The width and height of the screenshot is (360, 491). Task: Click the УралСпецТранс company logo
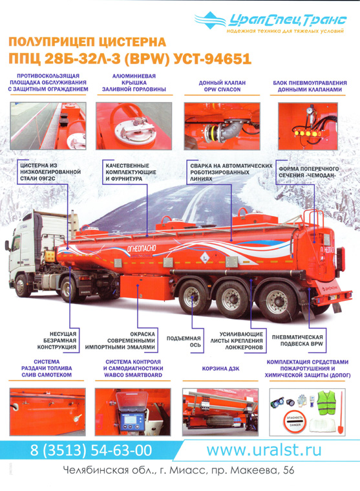tap(271, 21)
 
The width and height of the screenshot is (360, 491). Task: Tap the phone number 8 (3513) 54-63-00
tap(90, 450)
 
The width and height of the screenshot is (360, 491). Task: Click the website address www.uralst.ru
tap(264, 450)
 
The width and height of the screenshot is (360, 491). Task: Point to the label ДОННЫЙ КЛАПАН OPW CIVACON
tap(222, 86)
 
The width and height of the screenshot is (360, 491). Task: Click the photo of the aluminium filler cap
tap(134, 126)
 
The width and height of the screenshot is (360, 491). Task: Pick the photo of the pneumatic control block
tap(308, 126)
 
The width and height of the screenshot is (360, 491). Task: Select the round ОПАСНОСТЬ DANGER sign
tap(295, 421)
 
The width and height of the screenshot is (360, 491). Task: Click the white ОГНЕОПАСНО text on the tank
tap(142, 249)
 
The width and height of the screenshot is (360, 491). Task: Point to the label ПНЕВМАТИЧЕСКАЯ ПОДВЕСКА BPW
tap(297, 340)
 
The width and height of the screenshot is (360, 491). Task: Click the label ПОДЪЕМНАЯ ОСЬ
tap(184, 342)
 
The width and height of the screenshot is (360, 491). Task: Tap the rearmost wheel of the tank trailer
tap(277, 301)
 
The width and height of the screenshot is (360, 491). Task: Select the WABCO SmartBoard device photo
tap(133, 412)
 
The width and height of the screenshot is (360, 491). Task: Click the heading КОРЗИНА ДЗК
tap(220, 369)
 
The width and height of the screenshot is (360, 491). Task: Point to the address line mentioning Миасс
tap(178, 470)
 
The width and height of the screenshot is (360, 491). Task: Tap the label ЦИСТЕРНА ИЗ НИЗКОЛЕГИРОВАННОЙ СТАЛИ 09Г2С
tap(50, 172)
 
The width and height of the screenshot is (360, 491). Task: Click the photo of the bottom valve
tap(222, 126)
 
